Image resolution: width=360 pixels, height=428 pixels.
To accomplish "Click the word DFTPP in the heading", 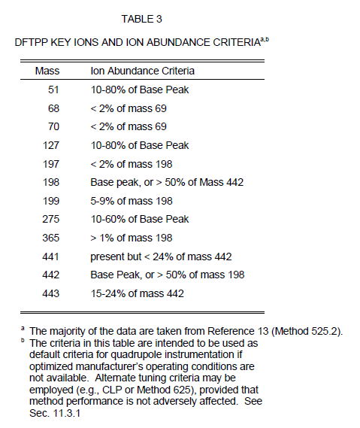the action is (x=32, y=44).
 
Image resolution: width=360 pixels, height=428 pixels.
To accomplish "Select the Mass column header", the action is (x=48, y=71).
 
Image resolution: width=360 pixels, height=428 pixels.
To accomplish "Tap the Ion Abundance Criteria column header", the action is (x=142, y=71).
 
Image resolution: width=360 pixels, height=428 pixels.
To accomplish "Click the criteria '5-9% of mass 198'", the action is (x=132, y=201).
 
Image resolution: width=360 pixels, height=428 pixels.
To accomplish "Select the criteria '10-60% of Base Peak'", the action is (x=140, y=220).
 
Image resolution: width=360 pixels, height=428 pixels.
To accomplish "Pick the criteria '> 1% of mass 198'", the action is (x=132, y=238).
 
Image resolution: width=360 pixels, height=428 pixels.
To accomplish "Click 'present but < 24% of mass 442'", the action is (x=161, y=256).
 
